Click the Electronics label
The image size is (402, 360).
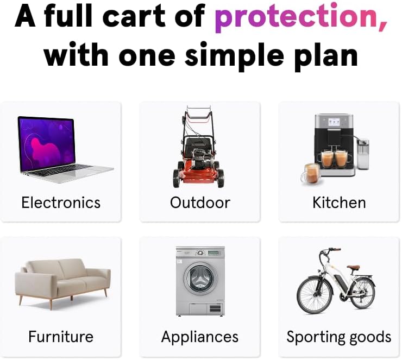[61, 203]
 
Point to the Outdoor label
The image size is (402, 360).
[200, 203]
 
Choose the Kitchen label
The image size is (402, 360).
[339, 203]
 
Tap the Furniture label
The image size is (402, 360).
[61, 337]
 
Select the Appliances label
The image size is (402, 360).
[200, 337]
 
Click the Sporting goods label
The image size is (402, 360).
[339, 337]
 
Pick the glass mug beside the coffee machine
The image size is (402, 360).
[310, 174]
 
